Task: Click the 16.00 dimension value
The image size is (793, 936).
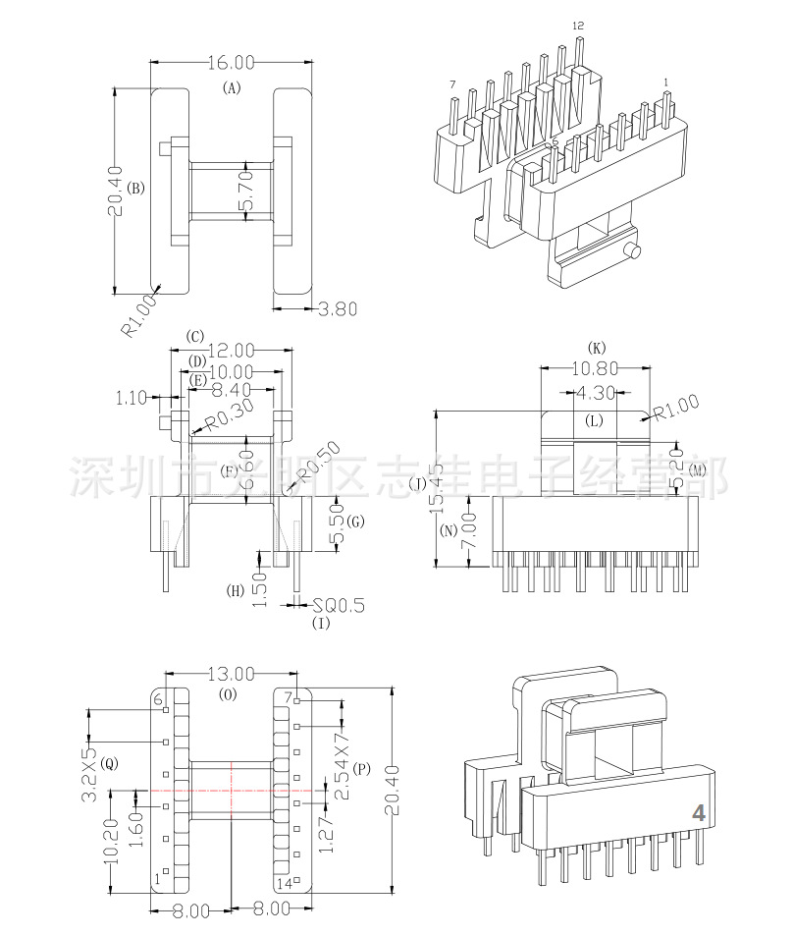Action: coord(232,62)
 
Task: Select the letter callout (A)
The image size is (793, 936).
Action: coord(232,87)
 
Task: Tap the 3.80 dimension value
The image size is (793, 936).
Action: coord(339,308)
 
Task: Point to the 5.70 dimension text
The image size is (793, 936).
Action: coord(248,191)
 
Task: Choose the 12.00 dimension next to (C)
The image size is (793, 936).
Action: coord(231,350)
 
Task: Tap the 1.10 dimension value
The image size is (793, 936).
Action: coord(131,398)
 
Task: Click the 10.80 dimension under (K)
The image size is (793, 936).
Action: coord(596,369)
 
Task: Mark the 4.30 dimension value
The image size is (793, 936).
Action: coord(596,392)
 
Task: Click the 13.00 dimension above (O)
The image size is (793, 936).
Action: coord(231,674)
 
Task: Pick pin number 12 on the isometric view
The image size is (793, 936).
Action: coord(577,24)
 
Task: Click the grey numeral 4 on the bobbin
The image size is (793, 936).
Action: coord(699,813)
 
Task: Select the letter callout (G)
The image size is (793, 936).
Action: coord(355,521)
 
